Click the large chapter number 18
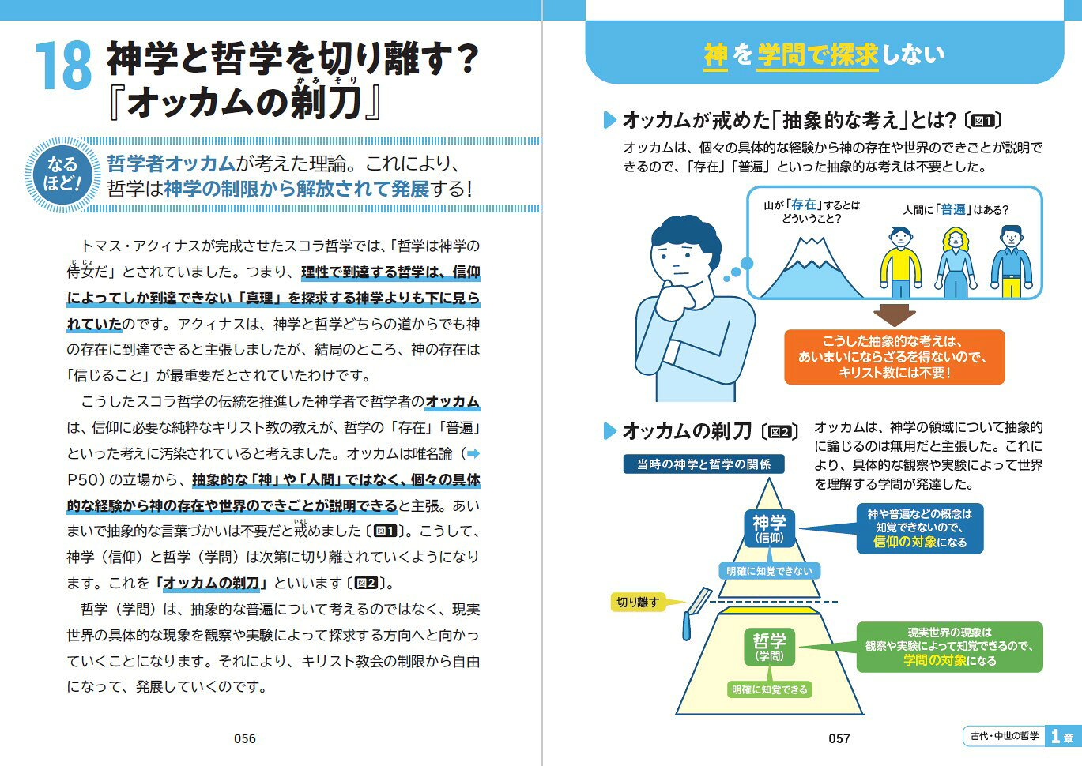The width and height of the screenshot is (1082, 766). tap(64, 66)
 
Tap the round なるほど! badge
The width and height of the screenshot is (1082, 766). tap(62, 175)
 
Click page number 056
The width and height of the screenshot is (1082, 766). tap(245, 738)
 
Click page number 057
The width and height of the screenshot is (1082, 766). tap(839, 738)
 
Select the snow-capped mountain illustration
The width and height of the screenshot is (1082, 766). tap(812, 267)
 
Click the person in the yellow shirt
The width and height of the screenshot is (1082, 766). tap(900, 262)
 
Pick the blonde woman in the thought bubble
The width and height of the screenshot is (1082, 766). tap(956, 262)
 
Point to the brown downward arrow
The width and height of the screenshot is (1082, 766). tap(895, 315)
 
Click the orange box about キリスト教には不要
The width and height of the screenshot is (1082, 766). tap(895, 357)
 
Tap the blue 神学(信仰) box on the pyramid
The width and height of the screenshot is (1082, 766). tap(770, 528)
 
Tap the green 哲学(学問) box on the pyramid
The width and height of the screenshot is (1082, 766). tap(770, 647)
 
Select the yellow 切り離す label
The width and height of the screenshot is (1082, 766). tap(639, 602)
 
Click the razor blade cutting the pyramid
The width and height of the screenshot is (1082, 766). tap(696, 613)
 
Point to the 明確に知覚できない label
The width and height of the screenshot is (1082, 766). tap(770, 571)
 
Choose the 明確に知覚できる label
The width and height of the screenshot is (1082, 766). tap(770, 689)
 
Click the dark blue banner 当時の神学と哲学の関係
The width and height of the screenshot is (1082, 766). tap(703, 464)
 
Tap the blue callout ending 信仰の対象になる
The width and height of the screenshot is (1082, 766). tap(920, 528)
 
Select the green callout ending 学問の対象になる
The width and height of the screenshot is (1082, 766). tap(950, 647)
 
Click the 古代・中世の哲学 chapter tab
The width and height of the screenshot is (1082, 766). tap(1005, 735)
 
